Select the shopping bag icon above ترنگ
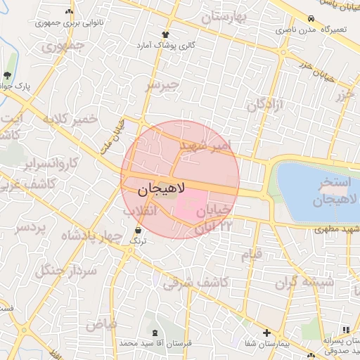137,230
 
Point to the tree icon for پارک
8,76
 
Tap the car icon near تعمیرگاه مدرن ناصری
312,20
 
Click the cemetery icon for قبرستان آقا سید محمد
155,332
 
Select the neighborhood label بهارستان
226,17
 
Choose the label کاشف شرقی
194,283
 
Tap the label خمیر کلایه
70,120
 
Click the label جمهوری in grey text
62,47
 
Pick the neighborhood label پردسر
30,229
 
